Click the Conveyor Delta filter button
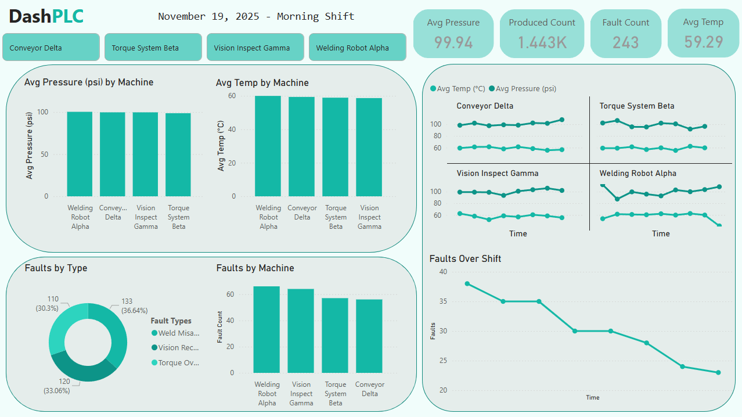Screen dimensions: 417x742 click(x=51, y=48)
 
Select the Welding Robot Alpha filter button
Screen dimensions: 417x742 click(x=357, y=48)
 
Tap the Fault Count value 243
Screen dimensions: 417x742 click(x=625, y=42)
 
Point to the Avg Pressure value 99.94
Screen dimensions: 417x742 click(x=453, y=42)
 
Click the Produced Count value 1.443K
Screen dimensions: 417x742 click(x=542, y=42)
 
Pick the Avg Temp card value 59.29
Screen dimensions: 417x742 click(x=703, y=42)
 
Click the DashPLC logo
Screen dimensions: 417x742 click(x=46, y=17)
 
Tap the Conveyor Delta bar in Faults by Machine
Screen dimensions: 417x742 click(x=370, y=336)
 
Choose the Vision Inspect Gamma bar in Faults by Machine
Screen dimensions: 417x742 click(x=301, y=331)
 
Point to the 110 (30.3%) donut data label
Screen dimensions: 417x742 click(x=53, y=303)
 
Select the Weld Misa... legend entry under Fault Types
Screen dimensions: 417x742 click(x=175, y=333)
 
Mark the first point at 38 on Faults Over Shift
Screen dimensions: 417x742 click(x=467, y=283)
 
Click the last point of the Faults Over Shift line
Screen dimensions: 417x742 click(x=718, y=372)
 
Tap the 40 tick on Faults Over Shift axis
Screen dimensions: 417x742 click(x=444, y=271)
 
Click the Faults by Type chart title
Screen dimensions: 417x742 click(x=56, y=268)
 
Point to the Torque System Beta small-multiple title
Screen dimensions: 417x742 click(x=637, y=106)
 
